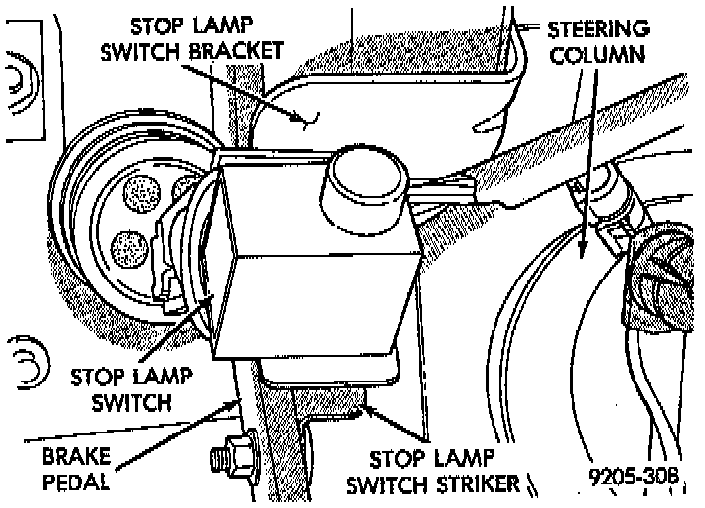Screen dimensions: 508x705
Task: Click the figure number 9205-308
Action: [x=634, y=478]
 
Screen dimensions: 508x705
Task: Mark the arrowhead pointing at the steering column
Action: [x=584, y=252]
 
